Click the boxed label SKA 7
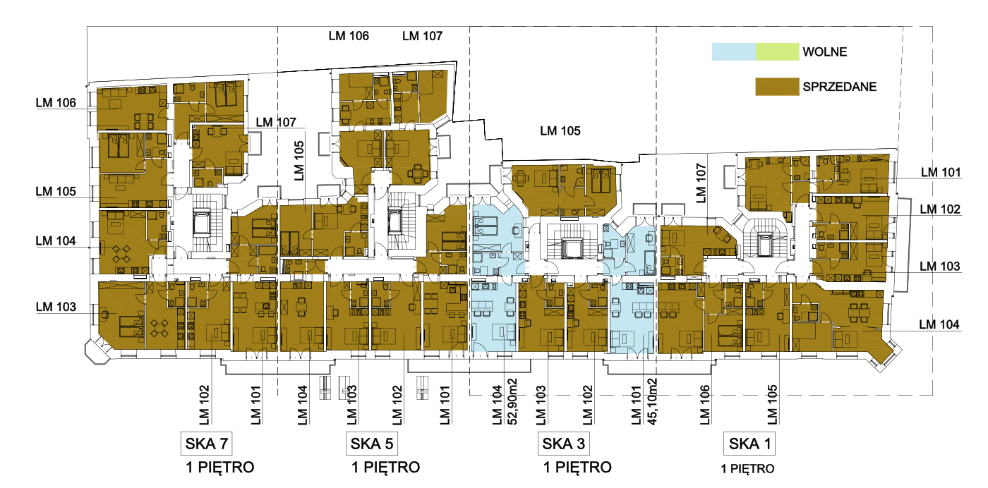tap(206, 444)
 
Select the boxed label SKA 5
tap(372, 444)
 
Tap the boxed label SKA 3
tap(564, 444)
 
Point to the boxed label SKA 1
tap(749, 444)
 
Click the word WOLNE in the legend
tap(825, 52)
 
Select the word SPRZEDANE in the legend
tap(839, 87)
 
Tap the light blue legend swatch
tap(734, 51)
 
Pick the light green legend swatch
tap(777, 51)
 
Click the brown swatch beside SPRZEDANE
tap(777, 87)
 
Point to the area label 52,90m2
tap(512, 401)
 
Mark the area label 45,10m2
tap(651, 401)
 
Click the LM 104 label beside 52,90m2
tap(498, 405)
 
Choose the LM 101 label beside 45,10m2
tap(636, 405)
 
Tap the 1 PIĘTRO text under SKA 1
tap(747, 468)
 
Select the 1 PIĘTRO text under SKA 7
tap(220, 468)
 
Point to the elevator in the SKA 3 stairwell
tap(572, 248)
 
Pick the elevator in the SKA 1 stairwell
tap(764, 245)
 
